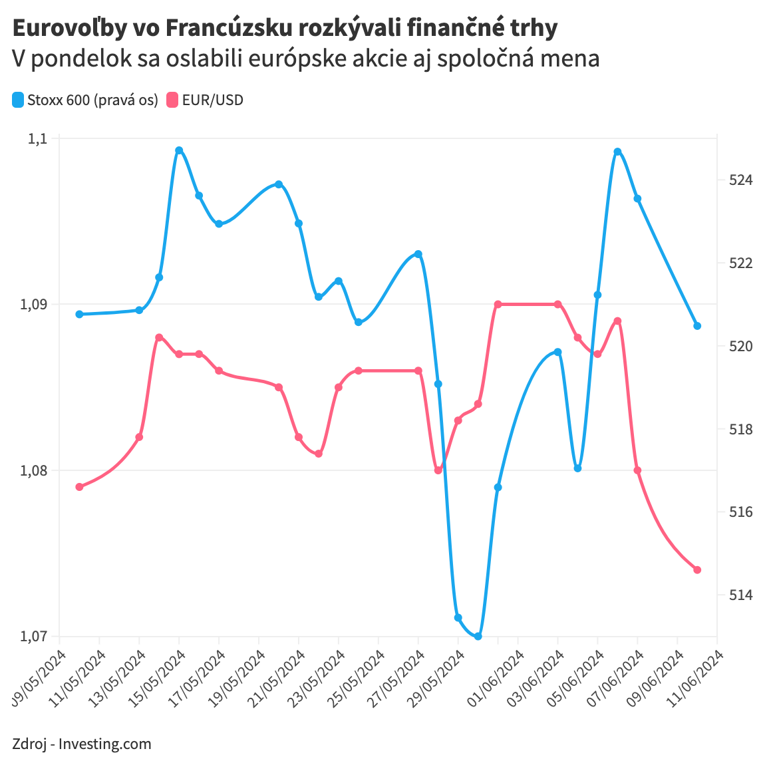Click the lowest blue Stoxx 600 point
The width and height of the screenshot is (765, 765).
point(478,636)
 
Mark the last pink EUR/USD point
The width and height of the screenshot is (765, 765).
point(697,570)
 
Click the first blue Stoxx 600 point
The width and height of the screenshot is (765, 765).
point(79,314)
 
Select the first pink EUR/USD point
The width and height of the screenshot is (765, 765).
point(79,487)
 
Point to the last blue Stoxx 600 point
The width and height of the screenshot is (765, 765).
point(697,326)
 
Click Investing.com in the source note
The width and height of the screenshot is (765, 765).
point(105,744)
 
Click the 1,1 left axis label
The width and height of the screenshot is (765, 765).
point(39,138)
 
